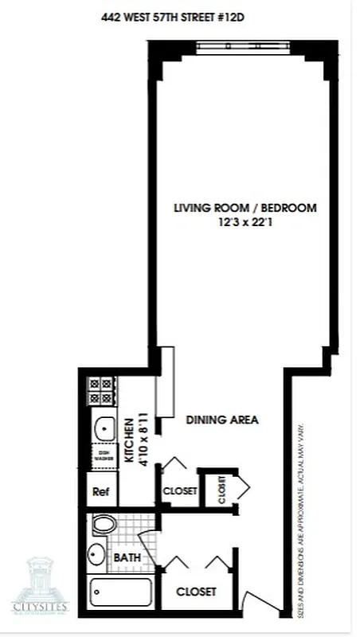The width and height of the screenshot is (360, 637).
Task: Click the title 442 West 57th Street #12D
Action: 179,14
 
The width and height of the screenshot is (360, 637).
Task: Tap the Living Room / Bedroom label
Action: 245,209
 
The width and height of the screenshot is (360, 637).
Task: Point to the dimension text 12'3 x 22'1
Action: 245,224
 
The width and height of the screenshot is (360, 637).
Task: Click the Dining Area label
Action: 222,419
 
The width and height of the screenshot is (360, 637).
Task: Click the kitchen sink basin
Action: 103,431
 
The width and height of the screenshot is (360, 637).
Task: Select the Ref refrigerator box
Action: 101,491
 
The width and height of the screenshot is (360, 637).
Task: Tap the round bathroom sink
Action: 96,553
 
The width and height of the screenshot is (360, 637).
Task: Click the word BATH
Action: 128,559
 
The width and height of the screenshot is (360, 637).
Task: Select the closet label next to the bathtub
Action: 196,592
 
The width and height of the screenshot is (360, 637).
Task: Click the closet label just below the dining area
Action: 179,491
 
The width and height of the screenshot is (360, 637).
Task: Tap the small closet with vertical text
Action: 221,489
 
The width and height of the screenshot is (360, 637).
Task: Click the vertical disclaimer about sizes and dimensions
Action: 303,510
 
